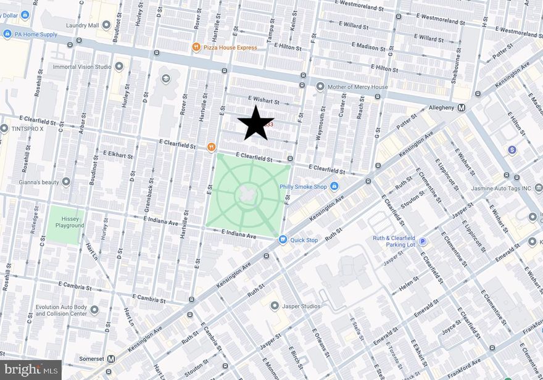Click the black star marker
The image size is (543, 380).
[255, 122]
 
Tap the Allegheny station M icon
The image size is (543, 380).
[460, 108]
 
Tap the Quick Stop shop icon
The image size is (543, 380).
[283, 240]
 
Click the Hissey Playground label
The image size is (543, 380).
[65, 222]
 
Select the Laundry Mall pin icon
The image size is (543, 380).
[106, 25]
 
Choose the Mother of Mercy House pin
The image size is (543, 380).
[320, 87]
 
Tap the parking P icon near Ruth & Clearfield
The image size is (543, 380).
[423, 241]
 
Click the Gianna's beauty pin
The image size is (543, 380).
[66, 181]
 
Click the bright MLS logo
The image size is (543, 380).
[30, 370]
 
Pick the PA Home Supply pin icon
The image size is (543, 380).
[7, 34]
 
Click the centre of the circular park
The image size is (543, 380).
[248, 194]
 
